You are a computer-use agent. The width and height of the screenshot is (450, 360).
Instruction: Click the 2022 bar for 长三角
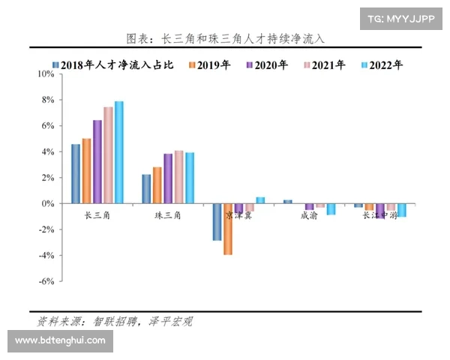pyautogui.click(x=119, y=152)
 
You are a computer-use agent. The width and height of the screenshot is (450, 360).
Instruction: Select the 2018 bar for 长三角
pyautogui.click(x=76, y=173)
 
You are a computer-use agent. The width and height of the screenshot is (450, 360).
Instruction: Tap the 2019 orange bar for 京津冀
pyautogui.click(x=228, y=229)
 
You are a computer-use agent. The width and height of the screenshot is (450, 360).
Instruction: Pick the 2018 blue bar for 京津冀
pyautogui.click(x=217, y=222)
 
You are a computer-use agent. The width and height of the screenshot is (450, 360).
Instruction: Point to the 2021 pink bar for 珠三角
pyautogui.click(x=178, y=177)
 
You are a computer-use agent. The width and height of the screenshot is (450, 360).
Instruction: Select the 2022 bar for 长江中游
pyautogui.click(x=402, y=210)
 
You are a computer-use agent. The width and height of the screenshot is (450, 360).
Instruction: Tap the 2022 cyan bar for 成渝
pyautogui.click(x=331, y=209)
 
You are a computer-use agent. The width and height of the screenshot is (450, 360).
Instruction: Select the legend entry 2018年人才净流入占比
pyautogui.click(x=112, y=65)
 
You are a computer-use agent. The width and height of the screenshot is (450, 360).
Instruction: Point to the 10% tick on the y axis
pyautogui.click(x=45, y=74)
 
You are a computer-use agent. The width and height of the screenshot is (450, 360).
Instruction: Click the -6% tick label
pyautogui.click(x=45, y=282)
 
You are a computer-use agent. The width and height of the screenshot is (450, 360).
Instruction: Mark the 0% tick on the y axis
pyautogui.click(x=47, y=204)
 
